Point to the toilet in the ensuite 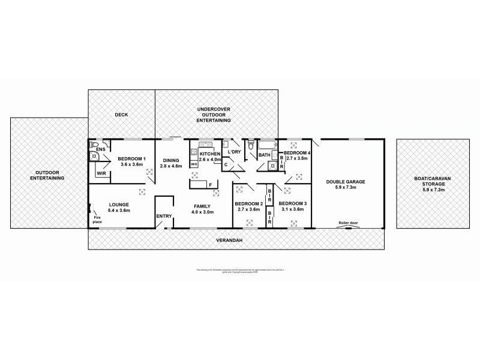93,145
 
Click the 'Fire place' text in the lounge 97,220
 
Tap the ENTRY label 164,217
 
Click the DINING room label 170,160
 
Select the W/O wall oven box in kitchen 194,164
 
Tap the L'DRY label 235,151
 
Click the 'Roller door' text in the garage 347,222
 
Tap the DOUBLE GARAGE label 346,182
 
